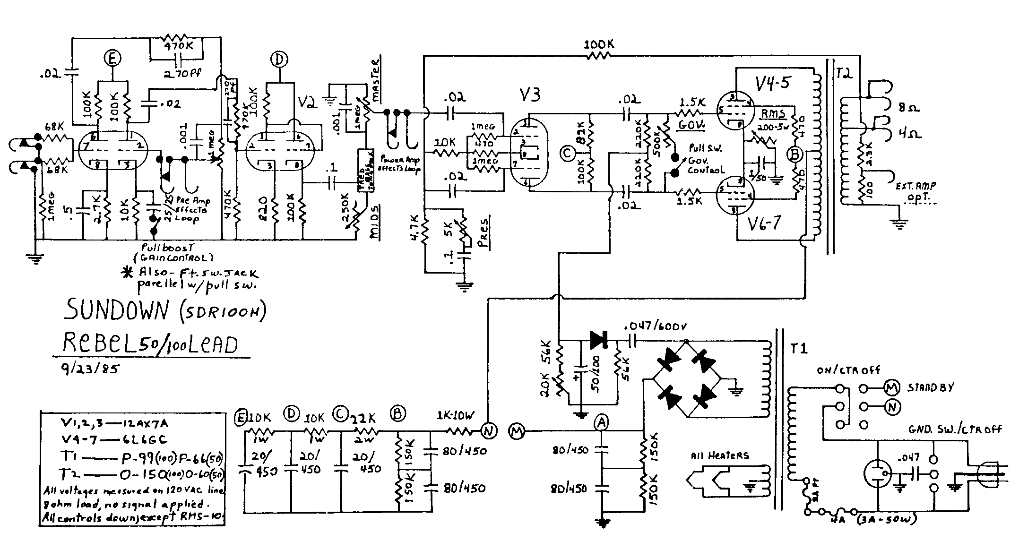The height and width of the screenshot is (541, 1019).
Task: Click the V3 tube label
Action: [x=528, y=94]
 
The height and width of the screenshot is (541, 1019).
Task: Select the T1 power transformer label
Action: [x=799, y=349]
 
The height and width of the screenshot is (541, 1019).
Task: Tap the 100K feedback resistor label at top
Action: [x=599, y=45]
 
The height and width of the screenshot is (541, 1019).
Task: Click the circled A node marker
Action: [x=601, y=423]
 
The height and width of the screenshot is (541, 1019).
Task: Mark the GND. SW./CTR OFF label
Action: [x=955, y=429]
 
